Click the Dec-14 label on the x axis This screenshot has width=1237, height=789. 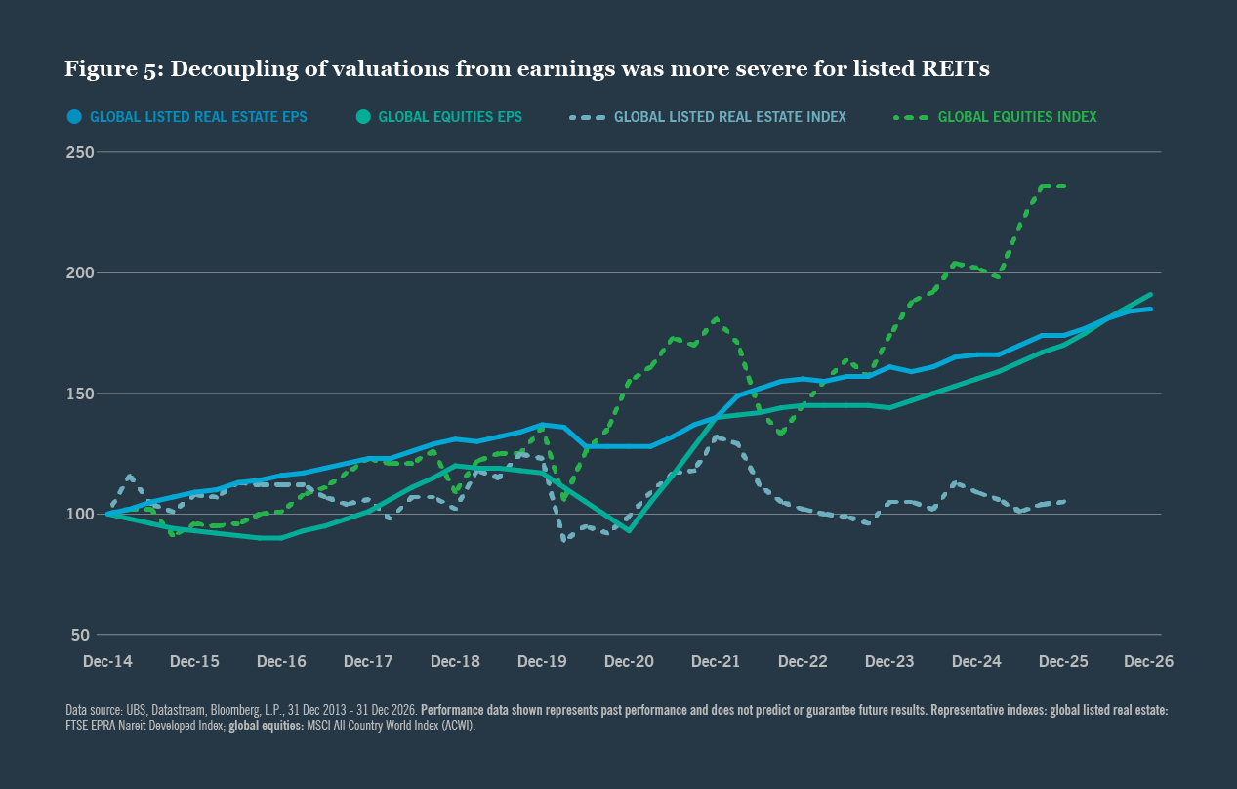(x=107, y=661)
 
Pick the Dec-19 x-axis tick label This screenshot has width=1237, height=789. (x=542, y=661)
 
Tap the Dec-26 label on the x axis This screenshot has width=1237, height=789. (x=1148, y=661)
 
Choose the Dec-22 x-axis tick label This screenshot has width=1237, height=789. (x=803, y=661)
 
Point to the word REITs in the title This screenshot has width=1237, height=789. (x=956, y=69)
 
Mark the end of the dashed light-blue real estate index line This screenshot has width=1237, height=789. (x=1064, y=502)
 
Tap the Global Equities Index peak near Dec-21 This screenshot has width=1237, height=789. (x=717, y=318)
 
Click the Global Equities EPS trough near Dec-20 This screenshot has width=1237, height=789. (x=630, y=530)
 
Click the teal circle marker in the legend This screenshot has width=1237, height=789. (x=363, y=117)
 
